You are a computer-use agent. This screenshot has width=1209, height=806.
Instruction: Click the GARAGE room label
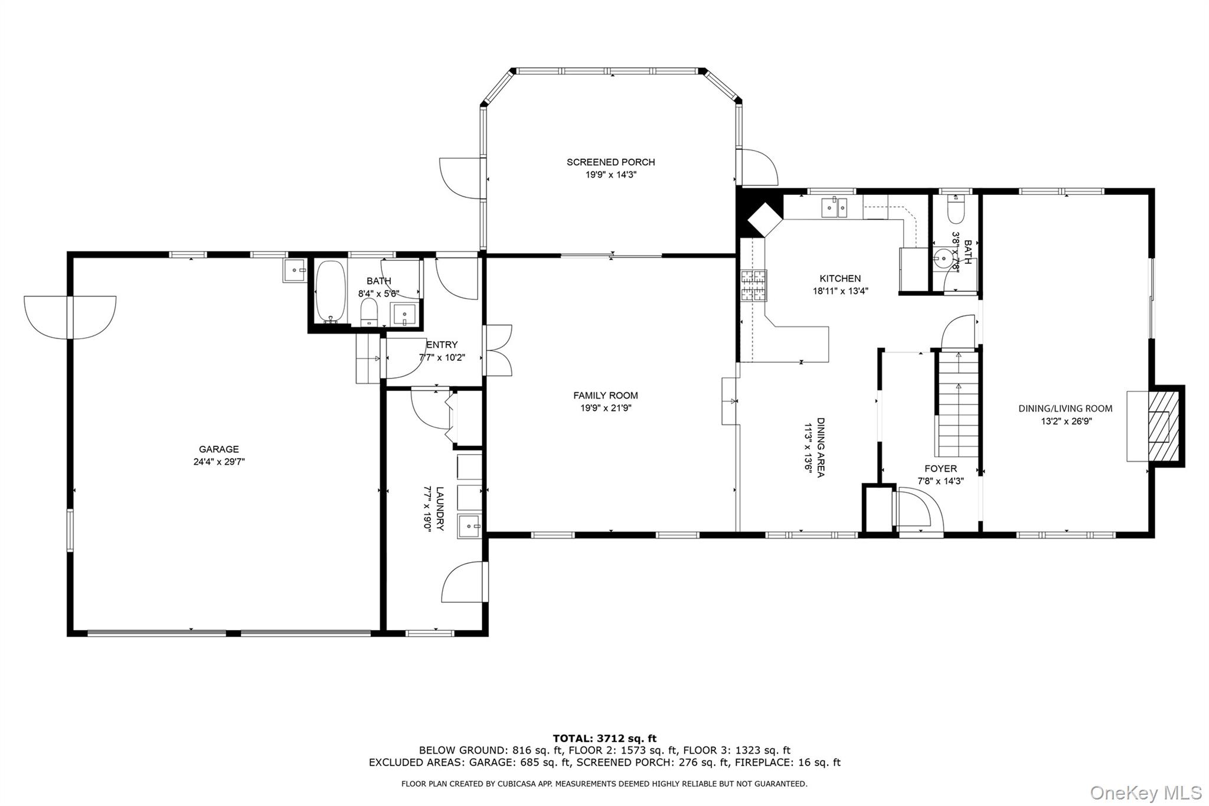click(x=218, y=449)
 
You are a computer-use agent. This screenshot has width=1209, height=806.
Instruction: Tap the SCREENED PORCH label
click(x=610, y=162)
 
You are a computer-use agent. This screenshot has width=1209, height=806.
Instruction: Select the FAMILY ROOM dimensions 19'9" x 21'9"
click(x=606, y=408)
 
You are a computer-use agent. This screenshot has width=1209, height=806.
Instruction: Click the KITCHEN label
click(x=840, y=279)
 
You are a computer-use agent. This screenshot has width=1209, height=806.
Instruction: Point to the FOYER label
click(x=940, y=469)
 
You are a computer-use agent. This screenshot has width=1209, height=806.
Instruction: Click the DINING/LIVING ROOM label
click(x=1065, y=409)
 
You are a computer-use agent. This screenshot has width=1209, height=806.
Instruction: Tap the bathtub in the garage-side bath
click(x=331, y=292)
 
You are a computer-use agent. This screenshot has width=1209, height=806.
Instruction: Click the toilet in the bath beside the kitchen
click(x=955, y=211)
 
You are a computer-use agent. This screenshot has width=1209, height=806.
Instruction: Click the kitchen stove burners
click(x=754, y=286)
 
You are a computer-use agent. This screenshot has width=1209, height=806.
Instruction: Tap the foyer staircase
click(x=957, y=404)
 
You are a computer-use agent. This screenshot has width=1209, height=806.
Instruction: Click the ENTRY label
click(x=442, y=345)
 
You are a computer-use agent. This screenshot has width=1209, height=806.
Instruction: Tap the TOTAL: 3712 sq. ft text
click(x=604, y=738)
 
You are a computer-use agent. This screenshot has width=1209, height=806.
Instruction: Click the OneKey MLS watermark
click(x=1145, y=792)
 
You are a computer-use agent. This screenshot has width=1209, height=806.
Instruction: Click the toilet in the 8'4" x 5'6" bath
click(x=369, y=311)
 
